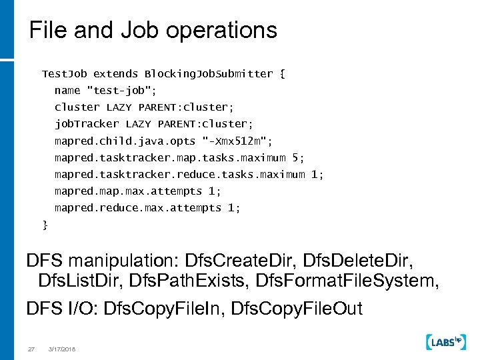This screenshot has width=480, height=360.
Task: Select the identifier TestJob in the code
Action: pyautogui.click(x=65, y=73)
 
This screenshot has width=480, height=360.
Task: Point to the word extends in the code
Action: pyautogui.click(x=115, y=73)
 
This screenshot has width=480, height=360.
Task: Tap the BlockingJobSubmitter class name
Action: pyautogui.click(x=209, y=73)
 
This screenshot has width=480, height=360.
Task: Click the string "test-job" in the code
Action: pyautogui.click(x=121, y=90)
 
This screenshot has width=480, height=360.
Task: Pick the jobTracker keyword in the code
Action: pyautogui.click(x=87, y=124)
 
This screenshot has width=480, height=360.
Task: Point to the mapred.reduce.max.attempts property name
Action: pyautogui.click(x=138, y=208)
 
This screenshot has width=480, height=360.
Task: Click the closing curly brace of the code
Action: pyautogui.click(x=45, y=225)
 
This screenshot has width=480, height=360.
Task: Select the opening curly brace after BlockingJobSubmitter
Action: pyautogui.click(x=283, y=73)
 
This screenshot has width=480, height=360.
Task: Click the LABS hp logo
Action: pyautogui.click(x=445, y=342)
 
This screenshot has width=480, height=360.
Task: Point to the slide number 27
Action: pyautogui.click(x=31, y=348)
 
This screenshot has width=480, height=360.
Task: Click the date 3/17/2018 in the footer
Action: pyautogui.click(x=62, y=348)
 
